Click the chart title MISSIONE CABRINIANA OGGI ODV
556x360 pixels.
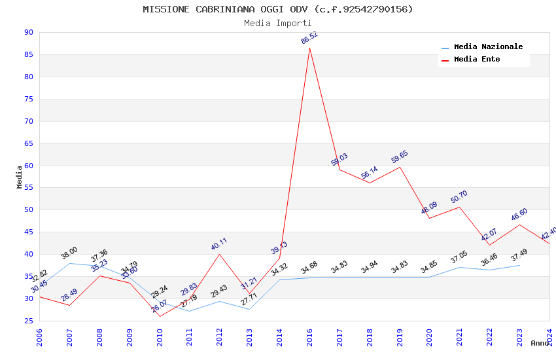tap(278, 9)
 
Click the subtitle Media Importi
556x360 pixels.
tap(278, 23)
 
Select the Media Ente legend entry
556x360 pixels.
tap(477, 60)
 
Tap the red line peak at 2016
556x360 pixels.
tap(309, 48)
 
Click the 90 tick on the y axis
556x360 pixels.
tap(28, 32)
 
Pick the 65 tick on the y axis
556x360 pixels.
tap(28, 143)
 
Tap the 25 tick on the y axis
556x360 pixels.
tap(28, 321)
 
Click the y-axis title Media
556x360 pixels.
tap(20, 177)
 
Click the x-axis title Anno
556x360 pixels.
tap(540, 343)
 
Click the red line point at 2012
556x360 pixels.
tap(219, 254)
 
